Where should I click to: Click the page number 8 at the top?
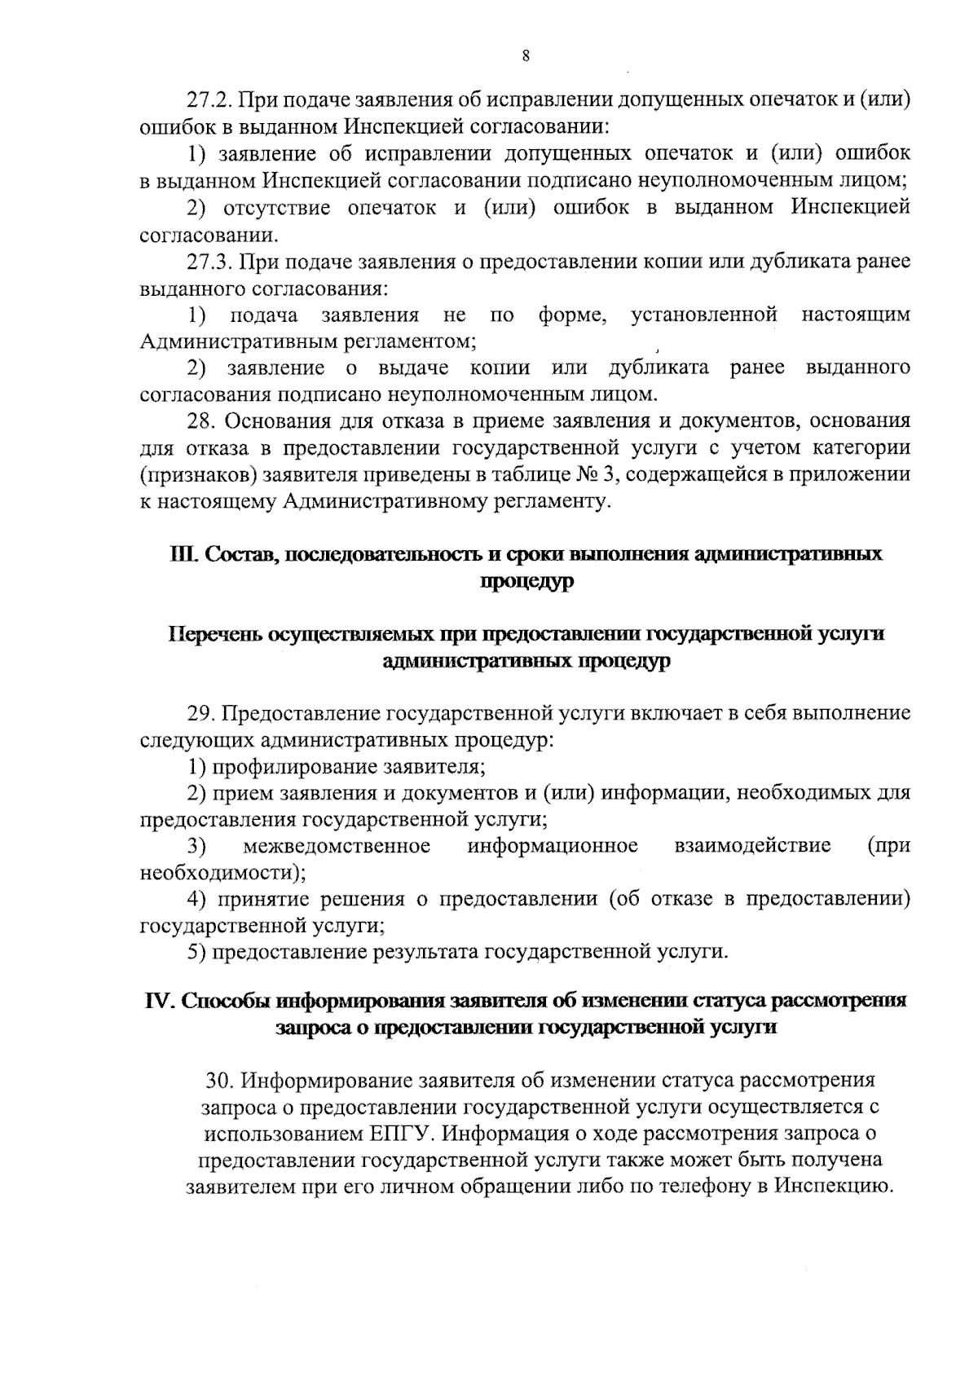[525, 56]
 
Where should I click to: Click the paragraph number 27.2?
[209, 101]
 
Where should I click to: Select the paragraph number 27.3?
[209, 262]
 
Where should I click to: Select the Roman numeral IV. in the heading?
[159, 1001]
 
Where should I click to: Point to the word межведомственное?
[337, 846]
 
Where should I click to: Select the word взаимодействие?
[753, 846]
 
